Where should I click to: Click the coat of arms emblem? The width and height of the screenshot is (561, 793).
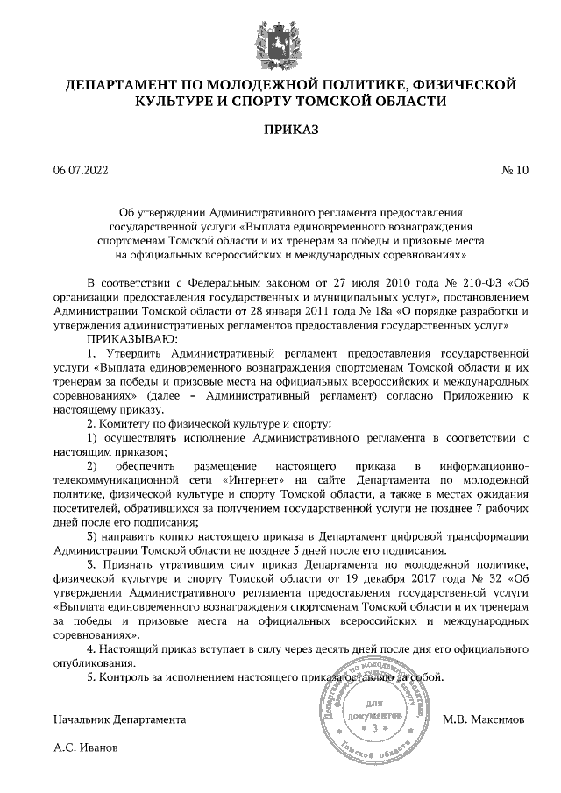pyautogui.click(x=280, y=40)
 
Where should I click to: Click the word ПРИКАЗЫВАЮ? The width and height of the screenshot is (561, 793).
pyautogui.click(x=131, y=337)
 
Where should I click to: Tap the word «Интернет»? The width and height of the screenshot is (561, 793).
pyautogui.click(x=253, y=481)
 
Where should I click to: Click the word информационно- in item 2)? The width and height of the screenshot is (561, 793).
pyautogui.click(x=485, y=466)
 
